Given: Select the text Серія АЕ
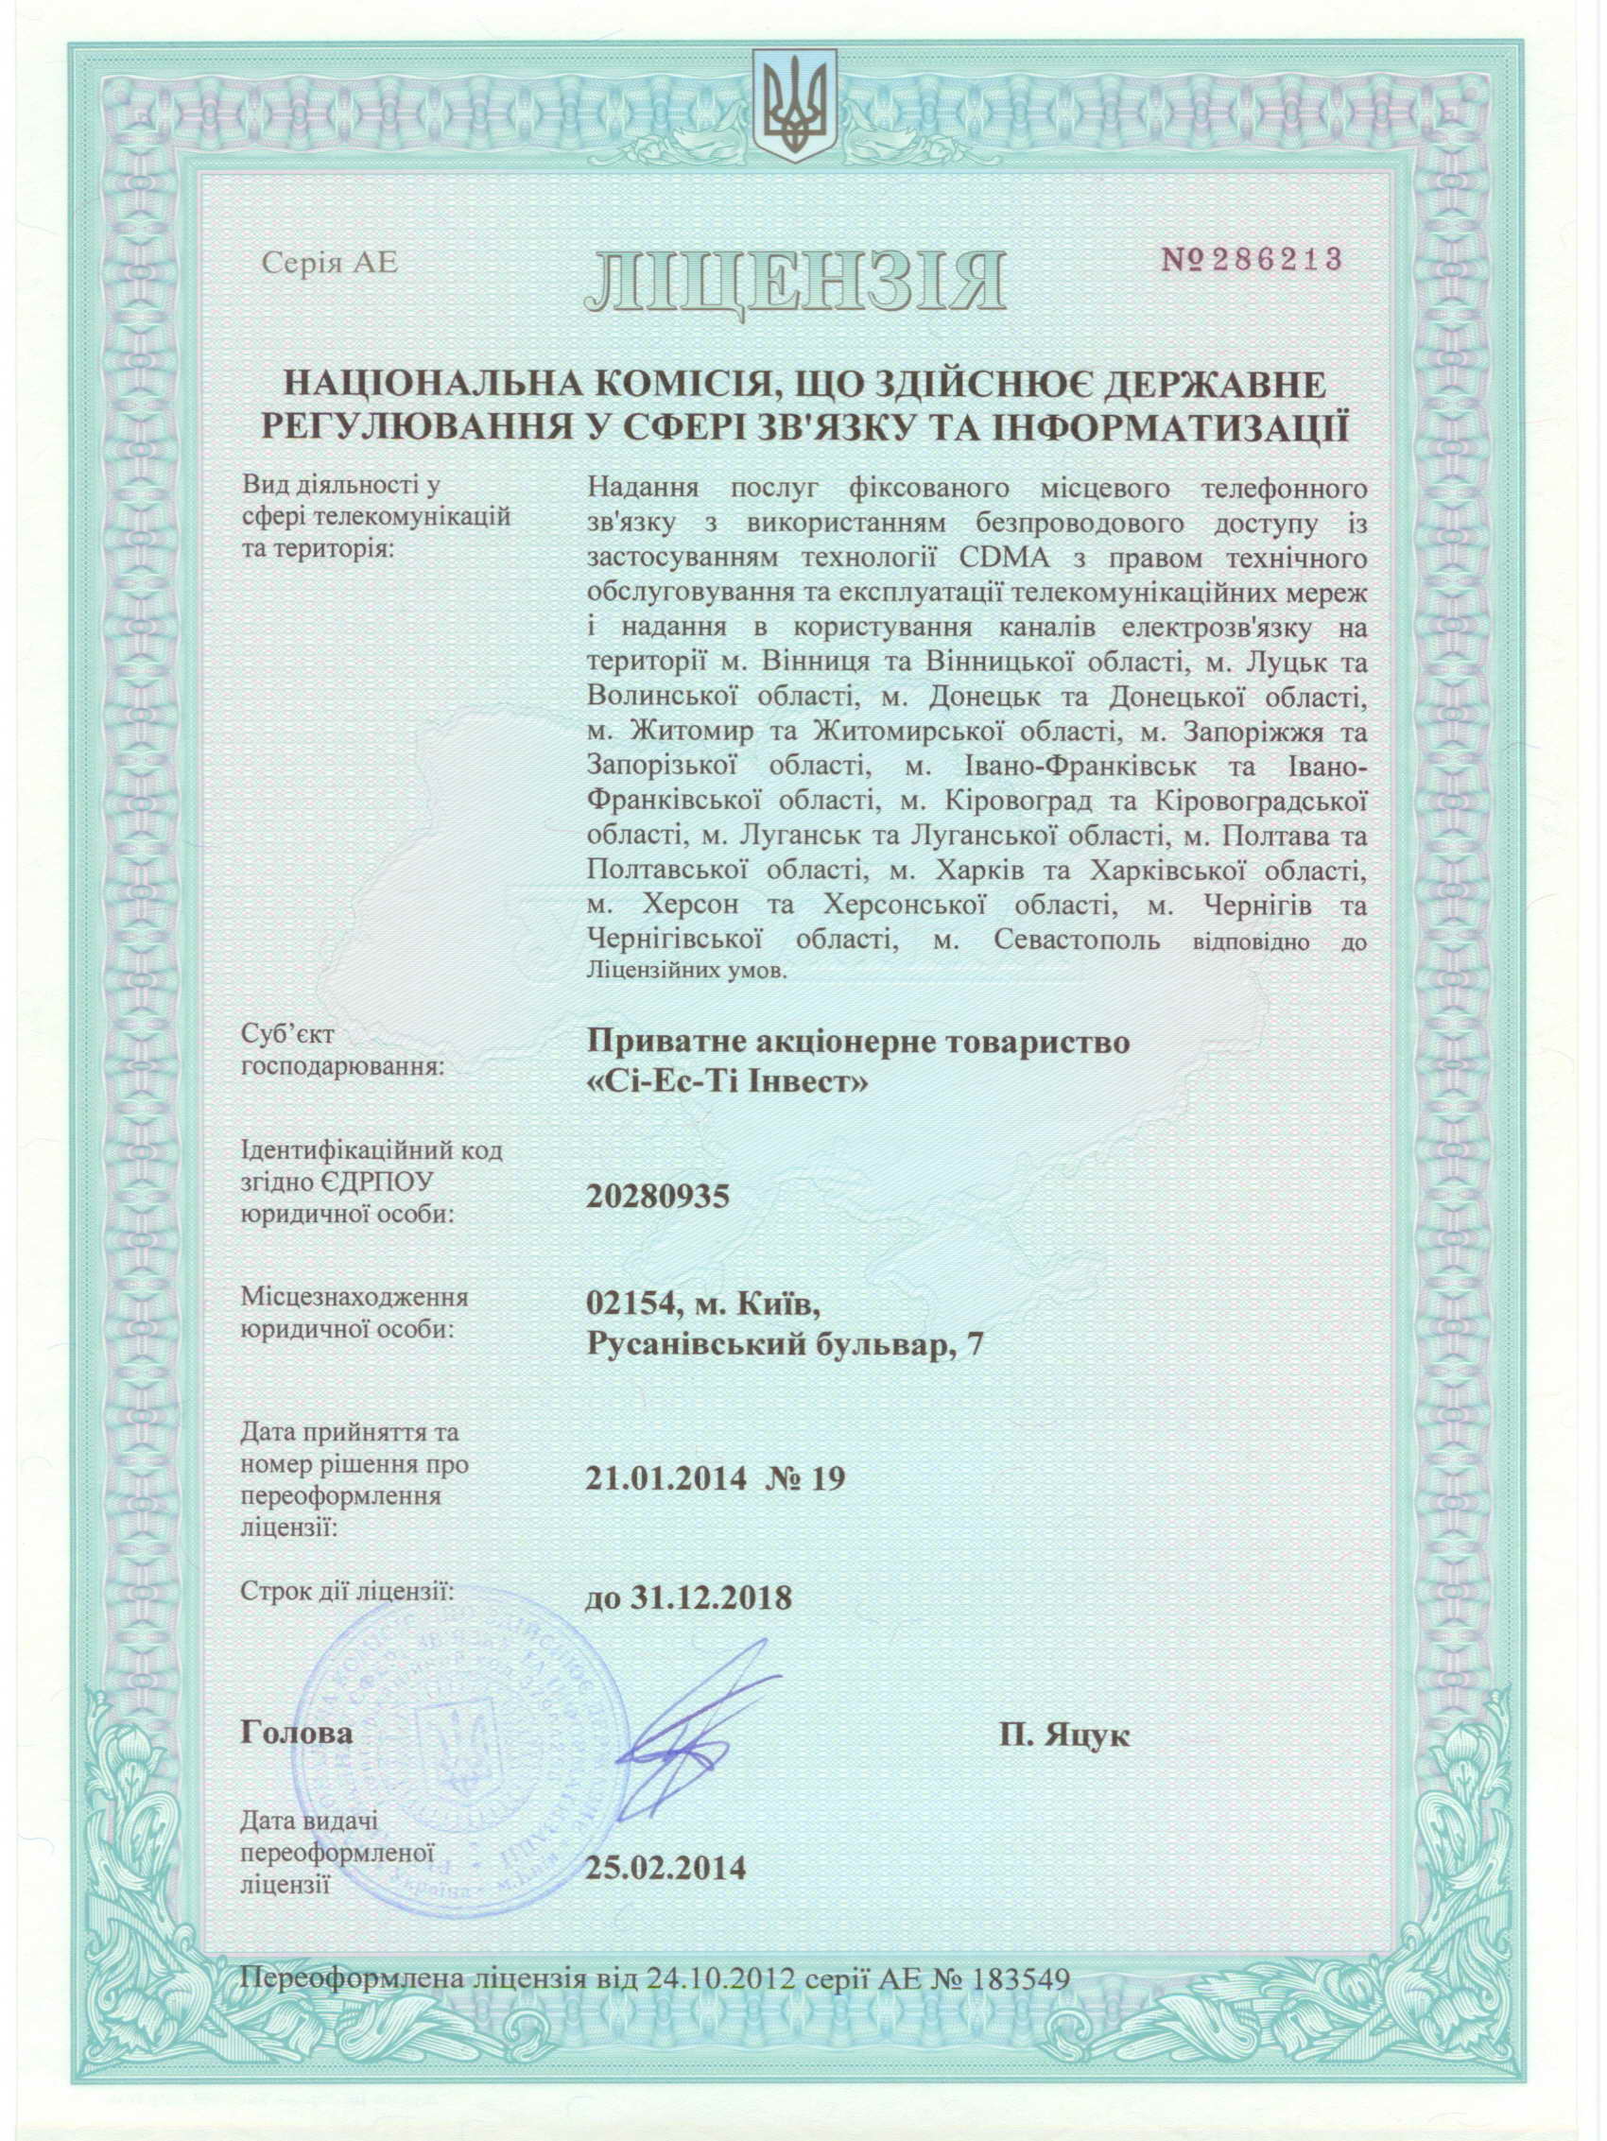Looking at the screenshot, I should tap(329, 265).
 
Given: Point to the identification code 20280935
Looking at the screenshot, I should tap(656, 1198).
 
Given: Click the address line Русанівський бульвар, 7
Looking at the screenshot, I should tap(785, 1345).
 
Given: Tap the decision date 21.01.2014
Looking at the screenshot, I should tap(665, 1478).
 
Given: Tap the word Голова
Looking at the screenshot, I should tap(296, 1734).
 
